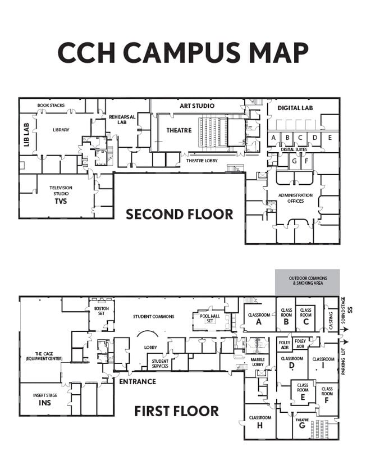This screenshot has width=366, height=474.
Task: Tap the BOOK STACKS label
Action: click(x=51, y=105)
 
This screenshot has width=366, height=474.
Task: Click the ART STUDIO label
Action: click(x=196, y=106)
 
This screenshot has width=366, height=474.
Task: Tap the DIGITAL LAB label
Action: click(x=295, y=108)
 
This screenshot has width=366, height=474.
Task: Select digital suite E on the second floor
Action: click(x=330, y=138)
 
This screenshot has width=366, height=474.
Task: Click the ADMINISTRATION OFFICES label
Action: click(x=295, y=198)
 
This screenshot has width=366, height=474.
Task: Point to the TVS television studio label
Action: click(x=61, y=197)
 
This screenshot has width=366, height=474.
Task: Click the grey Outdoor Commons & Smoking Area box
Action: click(x=307, y=281)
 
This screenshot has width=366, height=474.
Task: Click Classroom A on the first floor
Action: click(x=259, y=318)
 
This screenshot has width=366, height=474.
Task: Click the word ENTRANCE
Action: click(x=137, y=382)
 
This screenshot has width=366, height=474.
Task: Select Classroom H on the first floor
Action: click(x=260, y=421)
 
